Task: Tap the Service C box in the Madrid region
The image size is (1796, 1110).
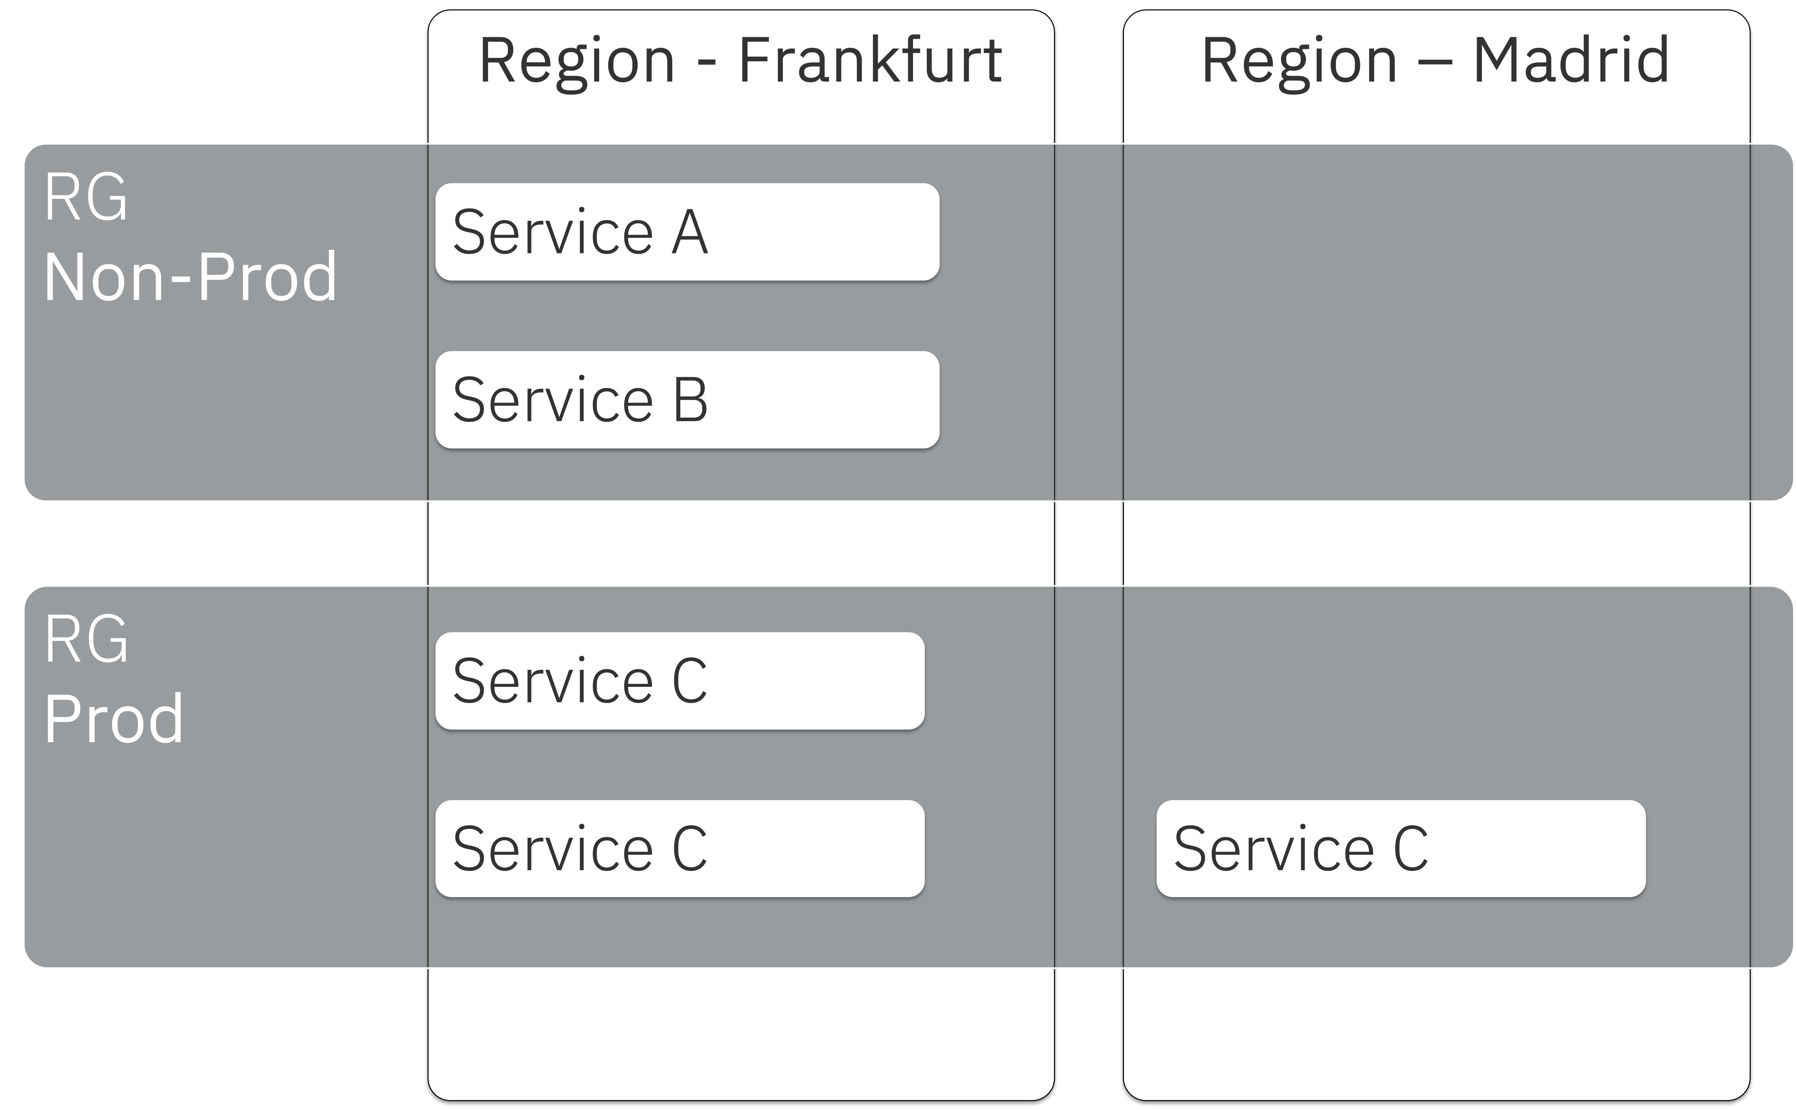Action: (1400, 848)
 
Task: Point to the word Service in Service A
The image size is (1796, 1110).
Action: (552, 232)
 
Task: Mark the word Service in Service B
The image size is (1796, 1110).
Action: (552, 400)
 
